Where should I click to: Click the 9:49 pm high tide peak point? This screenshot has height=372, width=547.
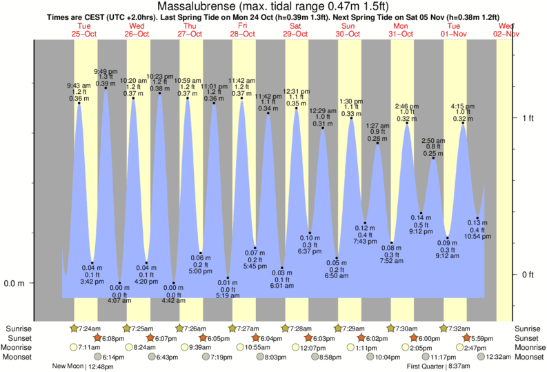[x=106, y=87]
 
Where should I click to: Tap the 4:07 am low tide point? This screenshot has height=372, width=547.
[x=119, y=283]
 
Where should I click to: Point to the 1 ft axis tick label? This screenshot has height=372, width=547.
[x=528, y=118]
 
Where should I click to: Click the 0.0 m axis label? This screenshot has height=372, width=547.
[x=14, y=283]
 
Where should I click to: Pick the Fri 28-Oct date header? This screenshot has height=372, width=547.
[x=242, y=30]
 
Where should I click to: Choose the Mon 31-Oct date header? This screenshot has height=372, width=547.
[x=401, y=30]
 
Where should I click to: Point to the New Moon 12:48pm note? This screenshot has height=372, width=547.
[x=83, y=366]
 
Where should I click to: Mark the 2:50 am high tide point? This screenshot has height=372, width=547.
[x=434, y=159]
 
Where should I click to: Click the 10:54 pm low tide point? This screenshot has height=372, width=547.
[x=477, y=218]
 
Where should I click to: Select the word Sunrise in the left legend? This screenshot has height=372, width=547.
[x=19, y=328]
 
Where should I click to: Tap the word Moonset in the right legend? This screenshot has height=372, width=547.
[x=528, y=357]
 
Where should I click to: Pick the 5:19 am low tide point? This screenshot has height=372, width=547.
[x=227, y=278]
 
